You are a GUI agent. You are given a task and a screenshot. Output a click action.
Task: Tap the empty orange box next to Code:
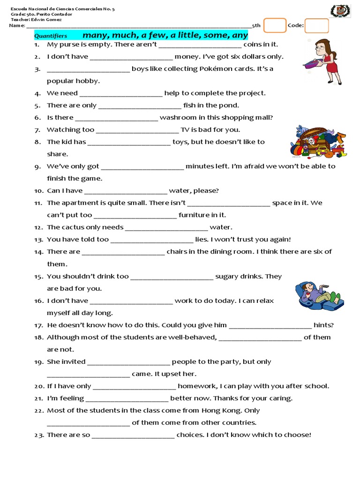316,26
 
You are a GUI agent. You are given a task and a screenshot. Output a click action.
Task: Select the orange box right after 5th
275,25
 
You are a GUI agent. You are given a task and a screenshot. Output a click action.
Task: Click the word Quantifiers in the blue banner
51,36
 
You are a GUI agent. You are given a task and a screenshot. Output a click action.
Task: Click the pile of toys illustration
318,141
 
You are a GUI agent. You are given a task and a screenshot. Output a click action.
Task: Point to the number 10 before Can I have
38,191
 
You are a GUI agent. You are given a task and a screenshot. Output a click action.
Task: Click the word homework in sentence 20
196,386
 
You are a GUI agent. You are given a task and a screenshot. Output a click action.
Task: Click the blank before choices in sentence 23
133,435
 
